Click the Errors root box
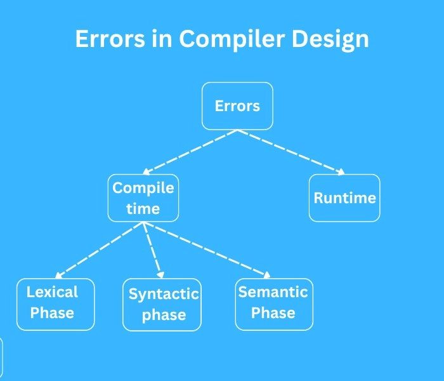[237, 105]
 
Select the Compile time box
[143, 197]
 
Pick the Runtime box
[344, 197]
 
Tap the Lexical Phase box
[55, 304]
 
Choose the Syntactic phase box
[162, 305]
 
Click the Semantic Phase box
[273, 304]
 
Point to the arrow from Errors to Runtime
[292, 152]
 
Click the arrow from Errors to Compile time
[190, 152]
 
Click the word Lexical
[52, 292]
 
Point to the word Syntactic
[164, 295]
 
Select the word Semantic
[273, 292]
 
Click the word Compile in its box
[143, 188]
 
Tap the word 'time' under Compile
[143, 208]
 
